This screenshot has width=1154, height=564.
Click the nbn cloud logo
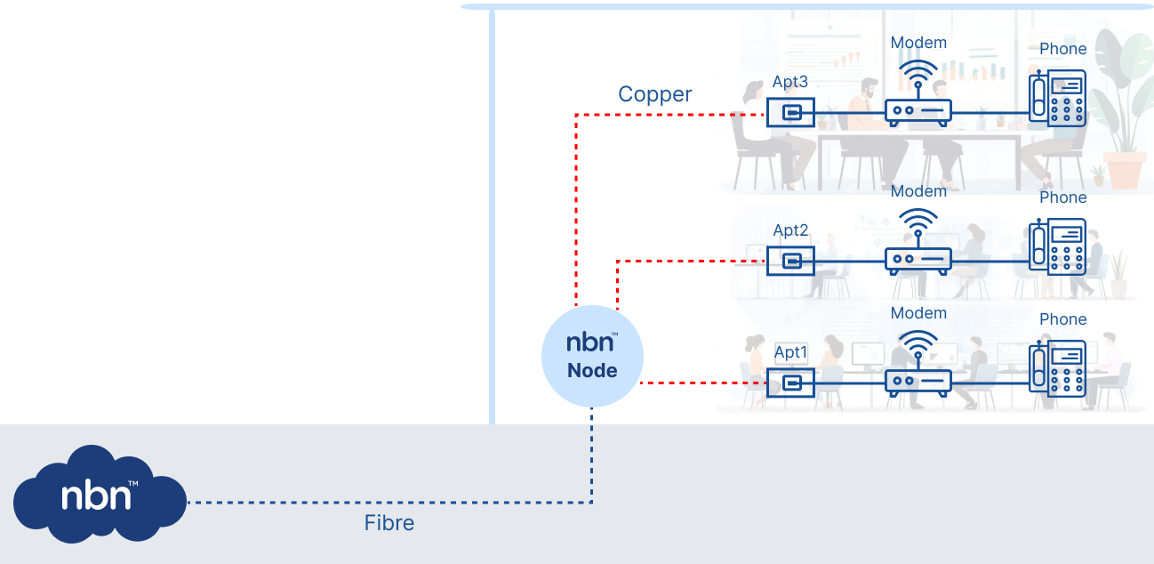tap(100, 496)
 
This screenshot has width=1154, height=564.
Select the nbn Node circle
tap(592, 356)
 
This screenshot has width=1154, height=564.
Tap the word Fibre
tap(389, 523)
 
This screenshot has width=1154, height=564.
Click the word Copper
tap(655, 94)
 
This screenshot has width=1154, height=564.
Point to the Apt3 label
tap(790, 82)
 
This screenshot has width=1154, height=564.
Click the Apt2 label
tap(790, 230)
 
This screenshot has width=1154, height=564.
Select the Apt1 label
tap(790, 352)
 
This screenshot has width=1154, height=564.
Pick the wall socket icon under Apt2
tap(790, 260)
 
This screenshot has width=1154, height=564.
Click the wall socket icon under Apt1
tap(790, 383)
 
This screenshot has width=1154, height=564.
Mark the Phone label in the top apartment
tap(1062, 49)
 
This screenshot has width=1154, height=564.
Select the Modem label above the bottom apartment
tap(918, 313)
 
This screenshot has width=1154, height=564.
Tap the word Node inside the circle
tap(592, 371)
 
